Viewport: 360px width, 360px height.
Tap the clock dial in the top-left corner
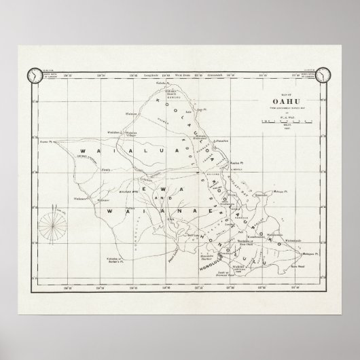[x=31, y=75]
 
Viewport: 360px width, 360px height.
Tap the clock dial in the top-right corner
[x=328, y=75]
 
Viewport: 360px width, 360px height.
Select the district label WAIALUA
[x=109, y=151]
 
